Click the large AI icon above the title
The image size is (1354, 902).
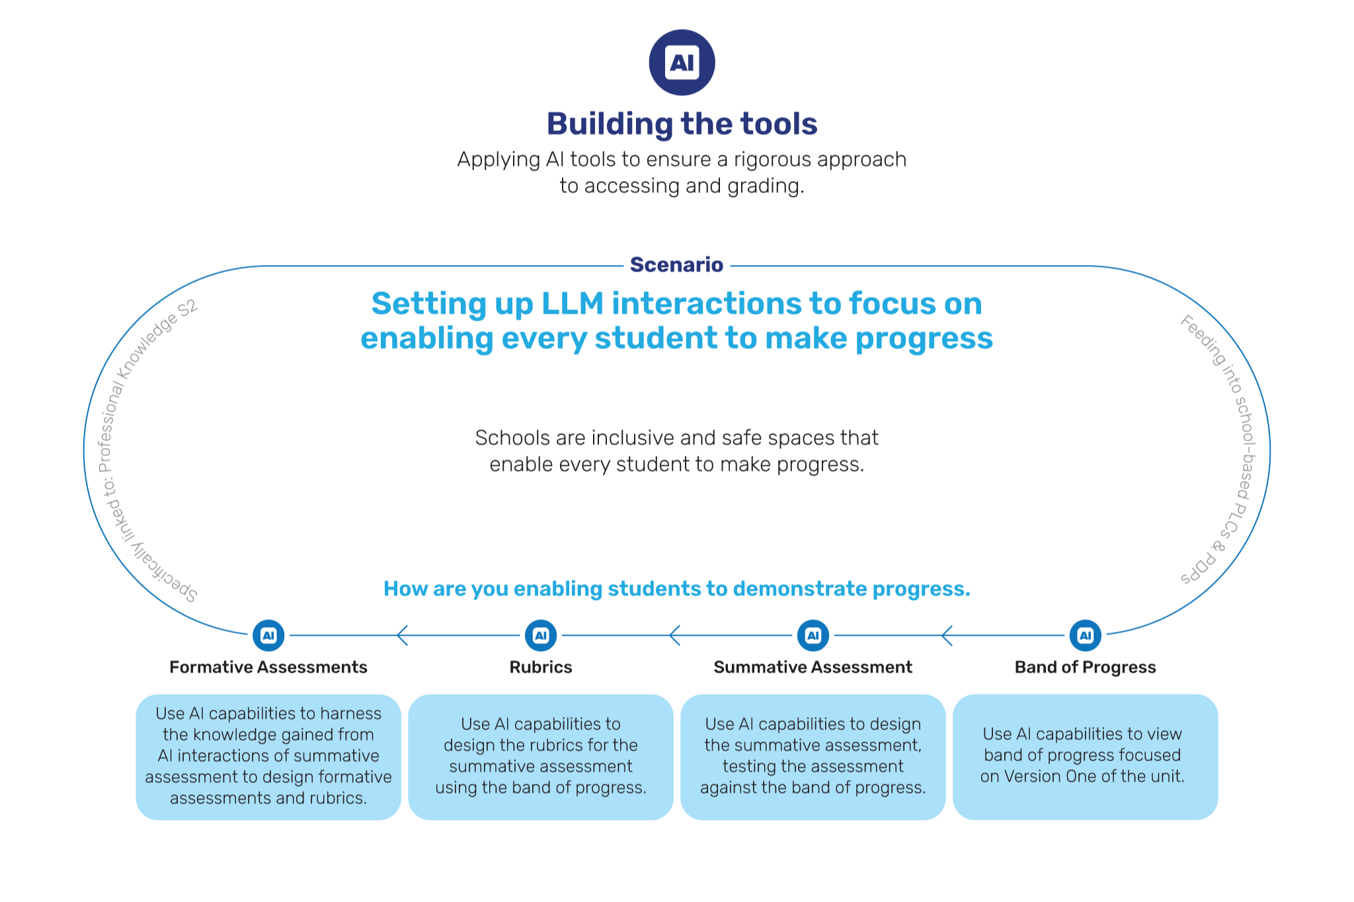(682, 63)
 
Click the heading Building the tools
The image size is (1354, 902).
(682, 124)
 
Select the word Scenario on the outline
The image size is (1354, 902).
(676, 265)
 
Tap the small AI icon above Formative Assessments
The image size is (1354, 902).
(268, 636)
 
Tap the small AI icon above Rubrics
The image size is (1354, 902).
(541, 636)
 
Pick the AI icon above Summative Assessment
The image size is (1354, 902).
(813, 636)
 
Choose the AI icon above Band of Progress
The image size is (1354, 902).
(1086, 636)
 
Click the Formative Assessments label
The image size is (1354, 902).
(268, 667)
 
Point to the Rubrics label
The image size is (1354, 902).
(541, 667)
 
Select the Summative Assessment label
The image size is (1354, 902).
(813, 667)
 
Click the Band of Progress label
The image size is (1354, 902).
(1086, 667)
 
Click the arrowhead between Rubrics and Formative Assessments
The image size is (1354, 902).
(401, 636)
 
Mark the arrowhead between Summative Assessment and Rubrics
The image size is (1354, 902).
(674, 636)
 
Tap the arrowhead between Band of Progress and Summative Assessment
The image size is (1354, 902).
(946, 636)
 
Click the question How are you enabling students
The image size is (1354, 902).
(677, 589)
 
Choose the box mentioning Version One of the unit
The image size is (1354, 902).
(1085, 757)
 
